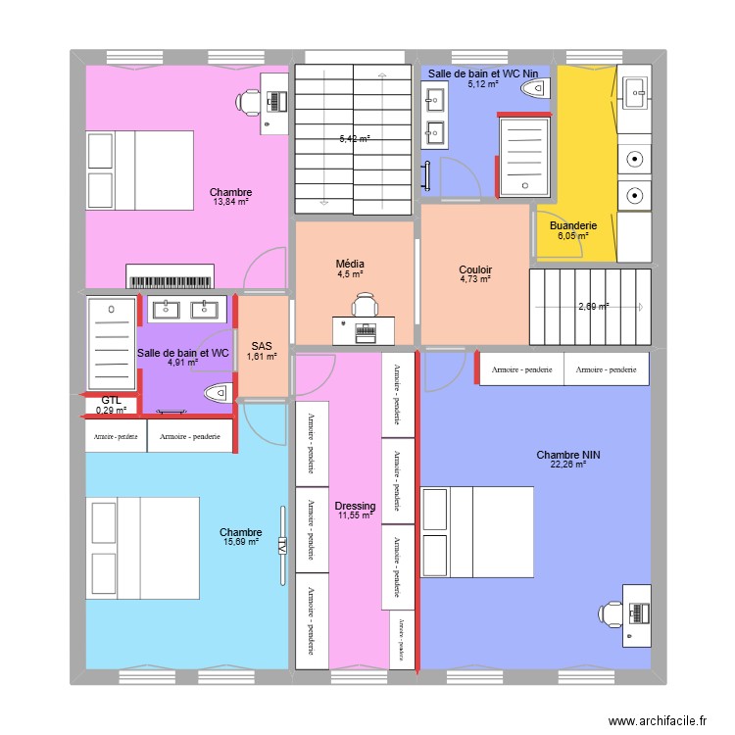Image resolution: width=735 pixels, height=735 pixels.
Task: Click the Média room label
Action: (x=350, y=264)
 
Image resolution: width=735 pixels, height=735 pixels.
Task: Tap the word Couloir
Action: (x=475, y=269)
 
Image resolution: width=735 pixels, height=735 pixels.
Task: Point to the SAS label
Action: (x=262, y=346)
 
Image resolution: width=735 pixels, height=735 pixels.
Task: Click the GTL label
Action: (x=112, y=400)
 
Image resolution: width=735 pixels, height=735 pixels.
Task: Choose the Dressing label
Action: (x=354, y=505)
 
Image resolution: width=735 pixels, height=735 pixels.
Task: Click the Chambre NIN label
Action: (x=567, y=455)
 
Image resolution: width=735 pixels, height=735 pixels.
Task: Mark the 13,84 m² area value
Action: (x=230, y=203)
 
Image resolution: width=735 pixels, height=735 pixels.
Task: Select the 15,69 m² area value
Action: (x=240, y=541)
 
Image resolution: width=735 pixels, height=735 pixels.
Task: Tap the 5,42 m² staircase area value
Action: (x=354, y=139)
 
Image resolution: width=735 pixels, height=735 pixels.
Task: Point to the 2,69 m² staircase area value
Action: (x=593, y=307)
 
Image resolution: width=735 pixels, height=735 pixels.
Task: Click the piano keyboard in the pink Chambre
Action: (x=170, y=277)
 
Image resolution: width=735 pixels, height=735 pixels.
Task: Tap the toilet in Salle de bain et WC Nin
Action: (x=535, y=89)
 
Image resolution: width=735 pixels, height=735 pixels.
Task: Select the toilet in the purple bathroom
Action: (x=217, y=393)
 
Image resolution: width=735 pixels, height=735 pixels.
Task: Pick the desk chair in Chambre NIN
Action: (x=612, y=612)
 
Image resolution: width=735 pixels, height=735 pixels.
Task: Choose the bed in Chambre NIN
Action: (x=474, y=532)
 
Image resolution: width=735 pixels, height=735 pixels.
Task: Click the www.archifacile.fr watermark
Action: (x=657, y=720)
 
